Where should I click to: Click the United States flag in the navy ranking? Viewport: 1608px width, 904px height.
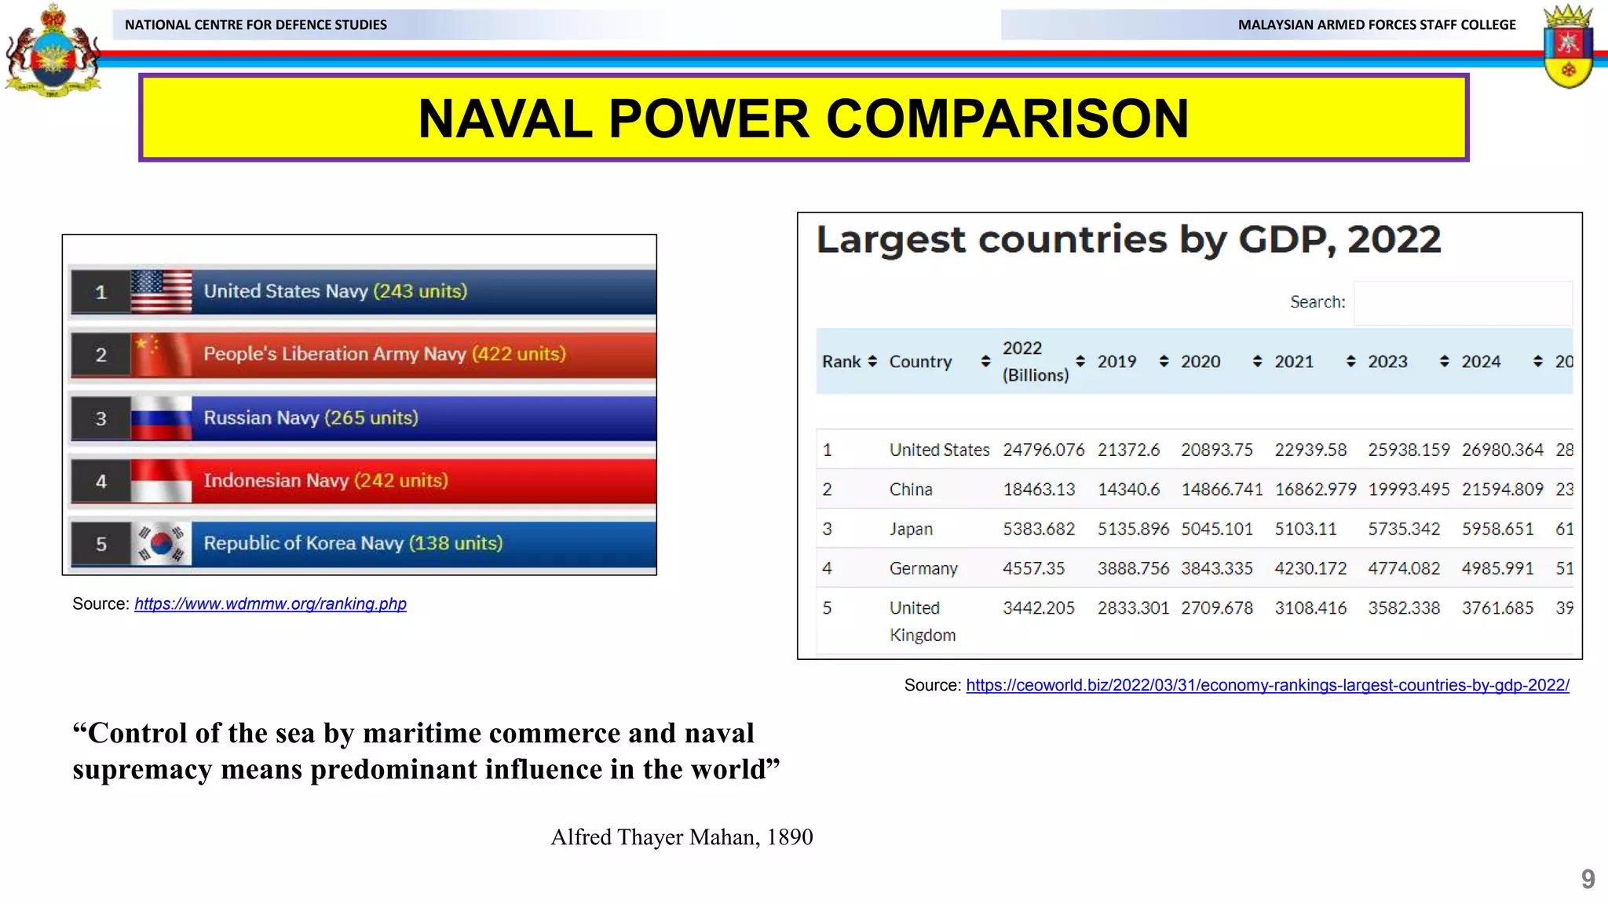(161, 291)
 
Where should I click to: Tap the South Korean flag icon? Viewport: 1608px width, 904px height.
(161, 543)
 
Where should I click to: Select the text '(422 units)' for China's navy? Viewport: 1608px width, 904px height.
(518, 354)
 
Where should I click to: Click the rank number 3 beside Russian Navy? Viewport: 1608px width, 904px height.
(101, 418)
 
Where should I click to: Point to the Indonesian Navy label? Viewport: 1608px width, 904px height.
(276, 480)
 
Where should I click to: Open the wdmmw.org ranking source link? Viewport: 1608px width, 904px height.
(270, 603)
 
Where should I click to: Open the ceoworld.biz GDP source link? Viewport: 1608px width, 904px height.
(1267, 685)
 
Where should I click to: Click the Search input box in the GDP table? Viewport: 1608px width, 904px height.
(1462, 302)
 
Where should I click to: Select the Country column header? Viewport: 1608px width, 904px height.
(920, 362)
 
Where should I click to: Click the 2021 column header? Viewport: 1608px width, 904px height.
(1294, 362)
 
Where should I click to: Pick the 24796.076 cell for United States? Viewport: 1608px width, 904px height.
(1043, 450)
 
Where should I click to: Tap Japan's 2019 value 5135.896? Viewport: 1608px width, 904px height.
(1133, 529)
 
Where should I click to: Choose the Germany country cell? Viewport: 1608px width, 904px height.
(923, 568)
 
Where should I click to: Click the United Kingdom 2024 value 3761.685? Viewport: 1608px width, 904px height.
(1497, 608)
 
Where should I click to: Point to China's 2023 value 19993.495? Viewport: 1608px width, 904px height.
(1409, 490)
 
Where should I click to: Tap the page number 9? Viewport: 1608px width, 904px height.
(1588, 878)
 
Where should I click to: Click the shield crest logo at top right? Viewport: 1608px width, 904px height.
(1567, 47)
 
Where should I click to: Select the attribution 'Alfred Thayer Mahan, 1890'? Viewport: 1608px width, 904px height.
(682, 837)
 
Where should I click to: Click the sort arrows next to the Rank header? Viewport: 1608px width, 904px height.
(872, 362)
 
